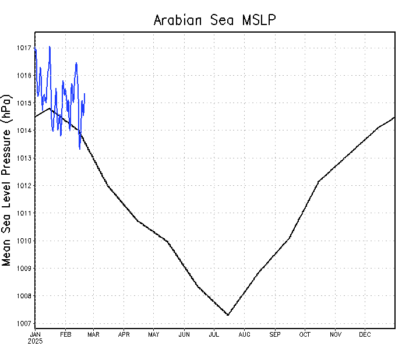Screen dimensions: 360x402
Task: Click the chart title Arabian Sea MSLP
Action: tap(214, 20)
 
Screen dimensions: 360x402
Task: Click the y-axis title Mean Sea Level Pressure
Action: tap(7, 179)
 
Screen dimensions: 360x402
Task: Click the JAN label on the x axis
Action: tap(35, 334)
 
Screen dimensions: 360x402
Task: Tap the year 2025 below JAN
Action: tap(35, 341)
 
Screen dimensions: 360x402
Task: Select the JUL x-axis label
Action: tap(214, 334)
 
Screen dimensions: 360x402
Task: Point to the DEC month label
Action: tap(365, 334)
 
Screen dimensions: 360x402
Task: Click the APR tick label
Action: tap(124, 334)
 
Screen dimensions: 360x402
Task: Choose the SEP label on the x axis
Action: tap(274, 334)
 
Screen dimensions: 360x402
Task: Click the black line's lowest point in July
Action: tap(228, 315)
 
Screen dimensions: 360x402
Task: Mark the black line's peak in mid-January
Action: tap(50, 108)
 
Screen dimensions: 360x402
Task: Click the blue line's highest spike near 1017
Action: tap(50, 47)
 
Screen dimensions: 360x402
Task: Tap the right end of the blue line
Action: tap(84, 94)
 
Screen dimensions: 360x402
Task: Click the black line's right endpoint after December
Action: tap(394, 117)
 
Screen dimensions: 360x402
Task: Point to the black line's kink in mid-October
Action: tap(319, 181)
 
